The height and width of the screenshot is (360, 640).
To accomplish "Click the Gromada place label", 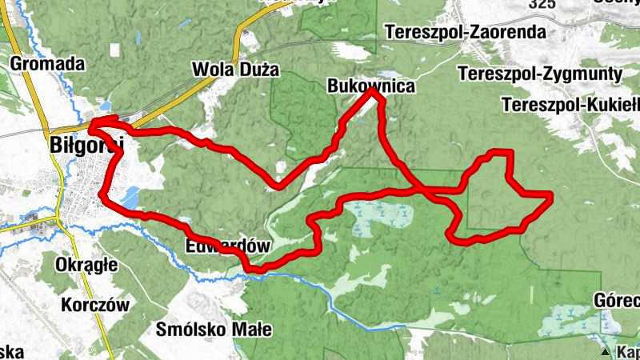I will click(x=47, y=62).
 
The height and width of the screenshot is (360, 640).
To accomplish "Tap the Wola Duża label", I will click(x=236, y=70).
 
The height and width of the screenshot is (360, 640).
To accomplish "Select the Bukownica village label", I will click(x=371, y=86).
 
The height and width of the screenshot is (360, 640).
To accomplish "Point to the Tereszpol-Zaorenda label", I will click(x=465, y=33).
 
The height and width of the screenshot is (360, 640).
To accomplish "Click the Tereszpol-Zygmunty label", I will click(x=541, y=74).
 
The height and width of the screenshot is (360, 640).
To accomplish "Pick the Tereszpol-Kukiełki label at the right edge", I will click(x=570, y=105).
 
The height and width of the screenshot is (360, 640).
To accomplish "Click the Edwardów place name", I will click(x=228, y=246).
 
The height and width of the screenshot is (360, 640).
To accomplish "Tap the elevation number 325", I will click(x=542, y=4).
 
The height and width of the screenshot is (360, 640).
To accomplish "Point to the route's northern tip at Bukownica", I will click(x=372, y=91).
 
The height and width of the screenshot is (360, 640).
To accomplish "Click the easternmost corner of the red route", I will click(x=551, y=195).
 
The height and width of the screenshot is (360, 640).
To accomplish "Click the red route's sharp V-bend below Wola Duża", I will click(x=277, y=187).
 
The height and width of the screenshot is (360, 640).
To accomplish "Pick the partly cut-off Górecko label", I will click(x=617, y=301).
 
